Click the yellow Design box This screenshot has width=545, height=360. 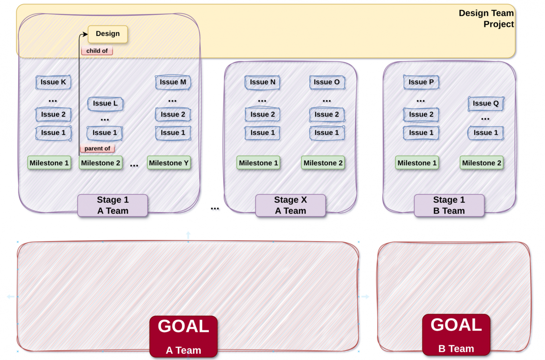108,34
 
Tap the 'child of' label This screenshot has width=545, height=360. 97,51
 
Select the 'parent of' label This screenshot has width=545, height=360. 97,148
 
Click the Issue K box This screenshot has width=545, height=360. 53,82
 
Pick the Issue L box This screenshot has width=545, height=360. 106,104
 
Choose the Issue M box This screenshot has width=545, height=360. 173,82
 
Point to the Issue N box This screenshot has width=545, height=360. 262,82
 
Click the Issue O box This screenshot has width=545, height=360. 327,82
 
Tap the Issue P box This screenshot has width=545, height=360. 421,82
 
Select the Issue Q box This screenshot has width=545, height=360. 486,104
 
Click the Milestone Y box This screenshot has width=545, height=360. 169,163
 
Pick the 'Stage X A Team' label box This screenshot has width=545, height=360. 291,205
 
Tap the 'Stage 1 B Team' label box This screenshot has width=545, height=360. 449,205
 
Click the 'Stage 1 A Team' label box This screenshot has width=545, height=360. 112,205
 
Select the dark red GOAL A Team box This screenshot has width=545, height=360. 183,337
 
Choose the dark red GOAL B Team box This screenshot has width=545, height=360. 456,335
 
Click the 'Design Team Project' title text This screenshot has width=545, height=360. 486,19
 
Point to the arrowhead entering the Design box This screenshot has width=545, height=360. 85,34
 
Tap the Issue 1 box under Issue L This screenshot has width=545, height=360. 104,133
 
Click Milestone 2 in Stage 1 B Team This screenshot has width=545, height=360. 481,163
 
